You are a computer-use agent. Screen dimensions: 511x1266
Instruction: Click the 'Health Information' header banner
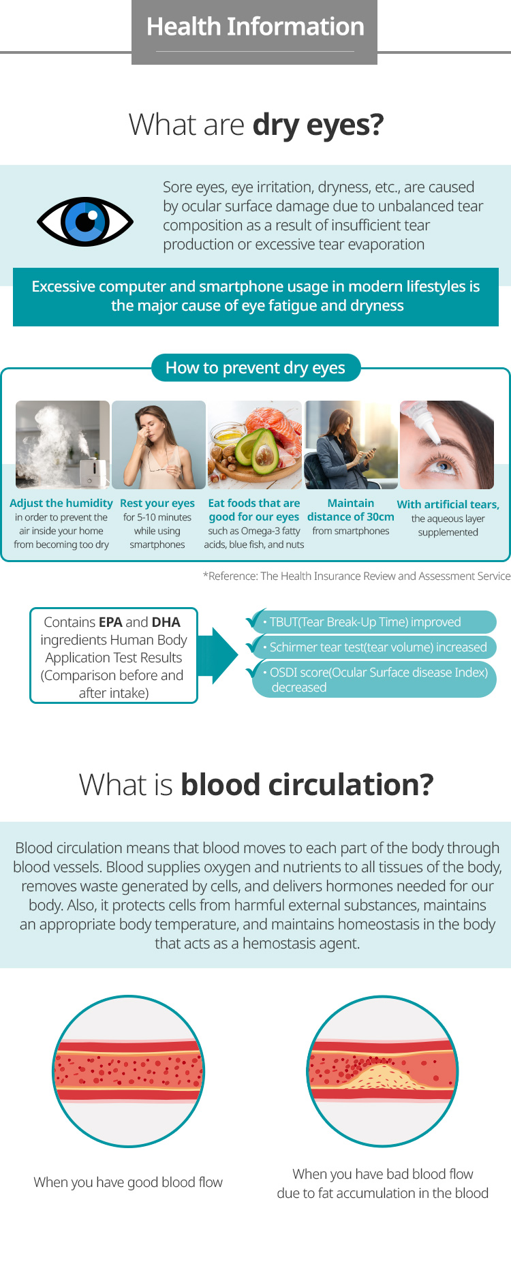[254, 32]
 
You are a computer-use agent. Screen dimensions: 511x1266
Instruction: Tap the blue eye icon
[85, 221]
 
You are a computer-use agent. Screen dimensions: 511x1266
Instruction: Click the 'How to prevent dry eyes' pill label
[255, 368]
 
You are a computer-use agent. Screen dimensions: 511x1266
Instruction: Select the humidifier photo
[63, 445]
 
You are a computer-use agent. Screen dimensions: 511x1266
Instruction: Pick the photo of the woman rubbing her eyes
[159, 445]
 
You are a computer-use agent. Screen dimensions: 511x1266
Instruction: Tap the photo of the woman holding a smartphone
[351, 445]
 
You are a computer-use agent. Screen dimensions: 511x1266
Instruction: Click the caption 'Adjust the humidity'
[61, 503]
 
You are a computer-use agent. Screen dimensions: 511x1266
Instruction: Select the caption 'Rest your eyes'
[157, 503]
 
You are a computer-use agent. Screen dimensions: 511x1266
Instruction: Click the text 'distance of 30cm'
[351, 516]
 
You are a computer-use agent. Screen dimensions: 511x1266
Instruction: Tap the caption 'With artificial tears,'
[448, 504]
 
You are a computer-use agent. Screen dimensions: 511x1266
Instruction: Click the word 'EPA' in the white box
[110, 622]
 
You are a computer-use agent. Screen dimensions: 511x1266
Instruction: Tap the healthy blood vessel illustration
[129, 1071]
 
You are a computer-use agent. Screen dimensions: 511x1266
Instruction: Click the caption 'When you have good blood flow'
[128, 1182]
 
